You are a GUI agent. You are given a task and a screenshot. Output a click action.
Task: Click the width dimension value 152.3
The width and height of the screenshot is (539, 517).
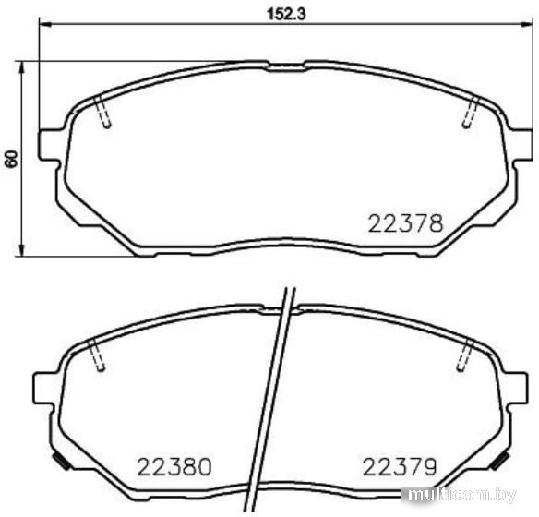(x=286, y=14)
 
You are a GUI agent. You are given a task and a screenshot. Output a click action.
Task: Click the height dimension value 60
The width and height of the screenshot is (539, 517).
(x=11, y=159)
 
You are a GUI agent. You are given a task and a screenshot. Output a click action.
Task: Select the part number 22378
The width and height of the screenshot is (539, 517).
(x=406, y=223)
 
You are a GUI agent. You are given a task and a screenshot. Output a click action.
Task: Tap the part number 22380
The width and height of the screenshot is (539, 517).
(x=174, y=467)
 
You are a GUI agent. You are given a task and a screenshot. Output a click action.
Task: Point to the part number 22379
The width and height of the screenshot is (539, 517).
(x=400, y=467)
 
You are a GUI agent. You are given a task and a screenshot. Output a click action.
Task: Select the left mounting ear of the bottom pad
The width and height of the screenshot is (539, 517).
(x=44, y=388)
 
